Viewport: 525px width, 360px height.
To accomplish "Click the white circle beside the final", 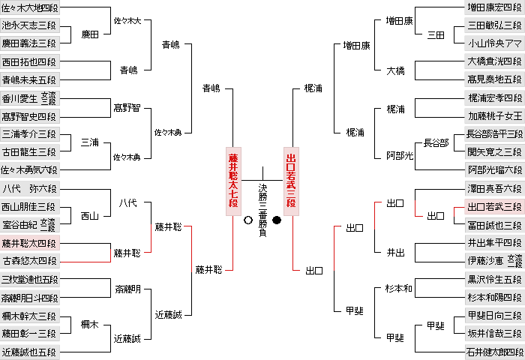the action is tap(248, 220).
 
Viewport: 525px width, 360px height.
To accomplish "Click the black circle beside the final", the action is tap(277, 220).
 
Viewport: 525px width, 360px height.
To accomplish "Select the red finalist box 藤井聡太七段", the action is tap(233, 181).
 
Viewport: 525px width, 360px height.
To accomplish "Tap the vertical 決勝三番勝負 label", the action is tap(262, 210).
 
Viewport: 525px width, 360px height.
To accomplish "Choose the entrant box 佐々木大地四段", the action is tap(30, 7).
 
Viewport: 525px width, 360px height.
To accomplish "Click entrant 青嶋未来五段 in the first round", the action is tap(30, 79).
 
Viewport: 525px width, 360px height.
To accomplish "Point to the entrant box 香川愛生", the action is tap(30, 98).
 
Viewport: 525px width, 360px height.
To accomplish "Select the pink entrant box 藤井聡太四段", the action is tap(30, 243).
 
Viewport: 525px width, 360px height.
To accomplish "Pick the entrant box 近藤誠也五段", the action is tap(30, 352).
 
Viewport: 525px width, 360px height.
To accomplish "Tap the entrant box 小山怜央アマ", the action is tap(494, 43).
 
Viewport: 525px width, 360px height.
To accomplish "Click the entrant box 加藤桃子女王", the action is tap(494, 115).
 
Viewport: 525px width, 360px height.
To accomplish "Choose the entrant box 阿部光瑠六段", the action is tap(494, 169).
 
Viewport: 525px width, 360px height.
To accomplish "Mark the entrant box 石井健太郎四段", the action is tap(494, 352).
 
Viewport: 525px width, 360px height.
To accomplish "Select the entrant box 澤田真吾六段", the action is tap(494, 189).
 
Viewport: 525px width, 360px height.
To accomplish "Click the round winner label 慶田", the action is tap(90, 34).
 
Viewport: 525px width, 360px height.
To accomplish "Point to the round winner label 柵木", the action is tap(90, 324).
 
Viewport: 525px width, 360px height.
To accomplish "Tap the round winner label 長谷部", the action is tap(436, 143).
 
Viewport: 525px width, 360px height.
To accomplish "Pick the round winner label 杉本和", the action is tap(398, 288).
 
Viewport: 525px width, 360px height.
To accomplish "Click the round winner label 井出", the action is tap(395, 252).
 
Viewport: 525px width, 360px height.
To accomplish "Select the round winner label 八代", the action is tap(127, 202).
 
